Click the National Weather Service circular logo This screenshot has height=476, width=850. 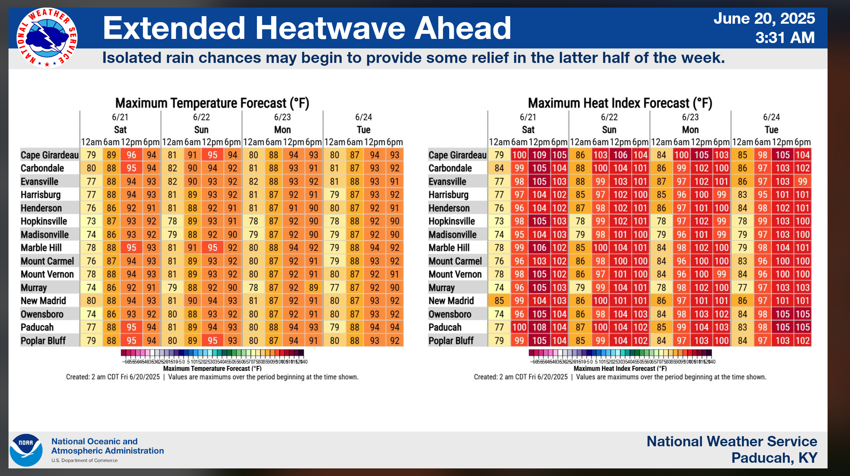click(x=47, y=38)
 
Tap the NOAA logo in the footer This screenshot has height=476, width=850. click(x=26, y=450)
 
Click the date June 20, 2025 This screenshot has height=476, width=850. click(x=764, y=18)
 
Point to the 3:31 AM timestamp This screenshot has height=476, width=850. click(x=785, y=38)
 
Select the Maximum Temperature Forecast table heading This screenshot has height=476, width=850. click(x=212, y=103)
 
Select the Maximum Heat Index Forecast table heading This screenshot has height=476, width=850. click(x=620, y=103)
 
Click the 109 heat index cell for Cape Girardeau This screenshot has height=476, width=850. click(x=539, y=155)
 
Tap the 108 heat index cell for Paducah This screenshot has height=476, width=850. click(x=539, y=327)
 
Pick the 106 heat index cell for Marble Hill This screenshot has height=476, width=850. click(x=539, y=247)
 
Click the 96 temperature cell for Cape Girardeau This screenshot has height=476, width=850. click(x=131, y=155)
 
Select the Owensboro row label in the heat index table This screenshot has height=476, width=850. click(x=450, y=314)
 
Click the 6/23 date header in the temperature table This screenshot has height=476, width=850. click(x=282, y=117)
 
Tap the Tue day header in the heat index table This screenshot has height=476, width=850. click(x=771, y=130)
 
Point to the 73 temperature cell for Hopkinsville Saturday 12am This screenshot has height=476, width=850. click(x=91, y=221)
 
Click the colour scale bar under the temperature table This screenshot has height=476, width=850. click(x=212, y=353)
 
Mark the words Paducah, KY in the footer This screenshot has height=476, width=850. click(x=774, y=458)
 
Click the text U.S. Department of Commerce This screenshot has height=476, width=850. click(x=84, y=461)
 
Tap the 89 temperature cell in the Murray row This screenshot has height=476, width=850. click(x=313, y=288)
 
